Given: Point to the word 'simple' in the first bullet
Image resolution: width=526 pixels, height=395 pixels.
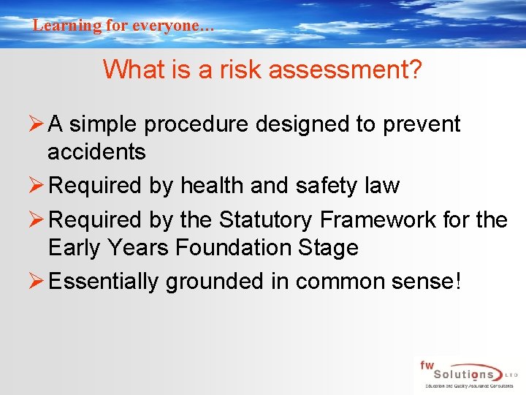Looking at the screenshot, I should coord(104,125).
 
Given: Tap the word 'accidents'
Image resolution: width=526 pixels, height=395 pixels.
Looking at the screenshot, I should coord(96,151).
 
